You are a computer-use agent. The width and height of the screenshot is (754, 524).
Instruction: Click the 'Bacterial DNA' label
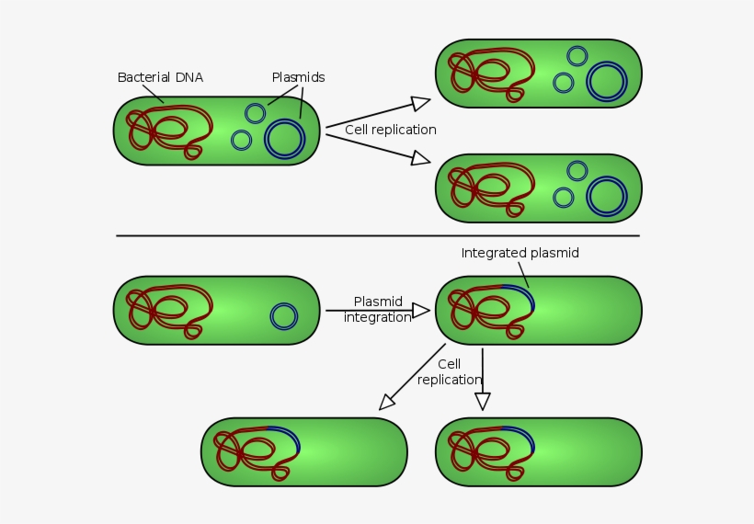160,78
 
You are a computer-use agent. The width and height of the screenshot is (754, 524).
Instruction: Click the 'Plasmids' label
298,78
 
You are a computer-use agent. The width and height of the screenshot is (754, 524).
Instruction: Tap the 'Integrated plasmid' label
520,253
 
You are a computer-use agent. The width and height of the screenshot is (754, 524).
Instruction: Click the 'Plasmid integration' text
377,310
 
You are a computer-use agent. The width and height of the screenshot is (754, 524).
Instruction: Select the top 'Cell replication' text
391,130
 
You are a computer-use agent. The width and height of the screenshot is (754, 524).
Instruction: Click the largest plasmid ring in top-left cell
284,139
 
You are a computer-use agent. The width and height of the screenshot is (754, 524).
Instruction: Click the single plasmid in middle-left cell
284,317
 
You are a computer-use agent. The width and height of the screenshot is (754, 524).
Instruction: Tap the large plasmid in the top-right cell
607,81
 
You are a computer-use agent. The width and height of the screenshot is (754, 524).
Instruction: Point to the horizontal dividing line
377,236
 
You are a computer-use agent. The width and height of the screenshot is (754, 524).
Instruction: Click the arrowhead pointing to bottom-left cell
387,402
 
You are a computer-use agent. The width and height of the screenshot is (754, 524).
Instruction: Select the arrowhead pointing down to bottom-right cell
482,401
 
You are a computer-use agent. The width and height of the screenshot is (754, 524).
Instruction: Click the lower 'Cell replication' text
449,372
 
